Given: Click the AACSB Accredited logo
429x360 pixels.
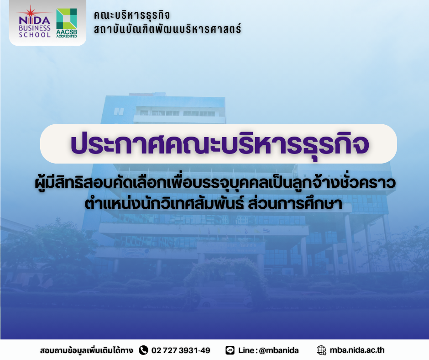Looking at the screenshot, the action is [x=67, y=23].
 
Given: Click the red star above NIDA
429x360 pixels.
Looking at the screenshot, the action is [x=31, y=12].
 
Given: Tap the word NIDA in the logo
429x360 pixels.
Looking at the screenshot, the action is [x=35, y=21].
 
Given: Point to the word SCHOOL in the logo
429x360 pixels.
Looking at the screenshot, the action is [x=35, y=35].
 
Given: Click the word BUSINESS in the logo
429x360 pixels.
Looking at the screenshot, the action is [x=35, y=28].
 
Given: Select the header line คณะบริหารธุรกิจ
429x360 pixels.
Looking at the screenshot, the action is [x=132, y=15].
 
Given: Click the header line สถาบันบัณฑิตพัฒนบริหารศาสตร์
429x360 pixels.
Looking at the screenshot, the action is [x=167, y=29].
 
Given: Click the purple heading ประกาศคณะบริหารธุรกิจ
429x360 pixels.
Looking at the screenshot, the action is [x=220, y=144].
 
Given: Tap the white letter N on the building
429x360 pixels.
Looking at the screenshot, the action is [x=119, y=111].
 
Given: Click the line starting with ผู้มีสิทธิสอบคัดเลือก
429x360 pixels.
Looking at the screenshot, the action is [x=215, y=183].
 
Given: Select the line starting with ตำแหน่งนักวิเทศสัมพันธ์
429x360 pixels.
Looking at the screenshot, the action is [x=214, y=204].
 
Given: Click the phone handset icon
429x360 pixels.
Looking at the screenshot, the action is [x=143, y=350].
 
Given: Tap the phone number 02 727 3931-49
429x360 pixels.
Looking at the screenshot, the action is [x=181, y=350].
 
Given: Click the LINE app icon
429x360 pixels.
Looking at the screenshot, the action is [x=230, y=350].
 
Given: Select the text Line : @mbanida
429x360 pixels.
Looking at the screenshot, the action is [x=268, y=350].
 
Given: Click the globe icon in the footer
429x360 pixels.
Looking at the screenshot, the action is [x=321, y=350].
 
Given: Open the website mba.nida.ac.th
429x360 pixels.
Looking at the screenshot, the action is [x=357, y=350].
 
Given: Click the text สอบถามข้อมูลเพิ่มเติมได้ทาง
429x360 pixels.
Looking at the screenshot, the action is [x=86, y=350].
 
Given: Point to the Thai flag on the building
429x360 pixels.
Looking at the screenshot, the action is [x=266, y=231].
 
